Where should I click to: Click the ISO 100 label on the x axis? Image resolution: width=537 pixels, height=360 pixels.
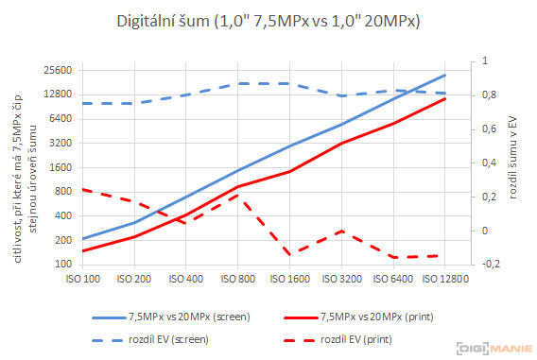[82, 280]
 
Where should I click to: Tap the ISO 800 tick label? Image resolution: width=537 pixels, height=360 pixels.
[237, 280]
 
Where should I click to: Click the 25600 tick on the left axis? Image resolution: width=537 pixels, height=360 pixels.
[44, 70]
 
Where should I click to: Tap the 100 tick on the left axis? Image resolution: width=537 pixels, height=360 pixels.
[51, 264]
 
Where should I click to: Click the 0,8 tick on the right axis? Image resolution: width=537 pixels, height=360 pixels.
[487, 95]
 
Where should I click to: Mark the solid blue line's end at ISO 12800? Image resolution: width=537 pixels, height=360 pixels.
[443, 75]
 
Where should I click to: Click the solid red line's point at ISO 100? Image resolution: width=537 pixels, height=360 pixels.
[82, 251]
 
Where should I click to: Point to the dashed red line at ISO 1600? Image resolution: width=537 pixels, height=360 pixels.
[288, 253]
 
